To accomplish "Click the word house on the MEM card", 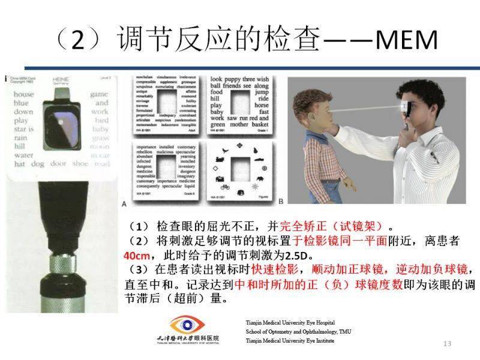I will click(25, 94).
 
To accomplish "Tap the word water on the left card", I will click(25, 154).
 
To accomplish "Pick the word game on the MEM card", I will click(99, 94).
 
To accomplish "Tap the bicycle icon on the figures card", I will click(225, 186).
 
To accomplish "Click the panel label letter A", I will click(124, 202).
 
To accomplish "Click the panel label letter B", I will click(281, 202).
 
